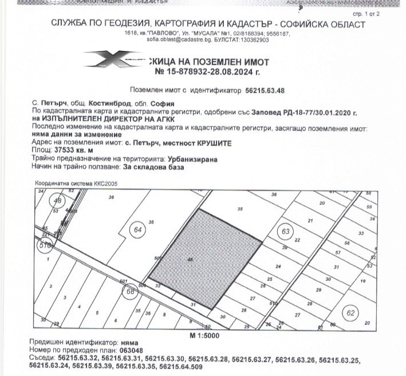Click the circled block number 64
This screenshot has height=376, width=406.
[137, 230]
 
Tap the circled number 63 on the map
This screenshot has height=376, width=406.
[285, 231]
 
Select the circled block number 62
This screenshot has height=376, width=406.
[350, 313]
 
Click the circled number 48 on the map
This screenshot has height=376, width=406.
[57, 201]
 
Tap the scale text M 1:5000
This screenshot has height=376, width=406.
[204, 334]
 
